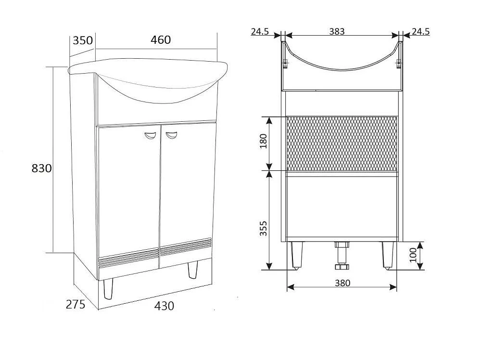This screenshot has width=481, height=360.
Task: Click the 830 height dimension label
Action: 42,168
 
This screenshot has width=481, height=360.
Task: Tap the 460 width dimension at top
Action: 161,39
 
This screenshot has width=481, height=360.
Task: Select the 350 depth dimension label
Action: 83,40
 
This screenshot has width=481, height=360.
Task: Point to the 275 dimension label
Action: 76,304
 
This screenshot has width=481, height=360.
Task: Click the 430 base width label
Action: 164,306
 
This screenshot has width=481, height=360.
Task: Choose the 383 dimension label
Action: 337,31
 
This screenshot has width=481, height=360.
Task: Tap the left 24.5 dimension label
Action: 260,31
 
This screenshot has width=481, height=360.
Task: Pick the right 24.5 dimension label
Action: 420,31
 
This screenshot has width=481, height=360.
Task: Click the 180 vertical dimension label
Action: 263,141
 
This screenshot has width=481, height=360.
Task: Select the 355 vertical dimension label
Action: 263,228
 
